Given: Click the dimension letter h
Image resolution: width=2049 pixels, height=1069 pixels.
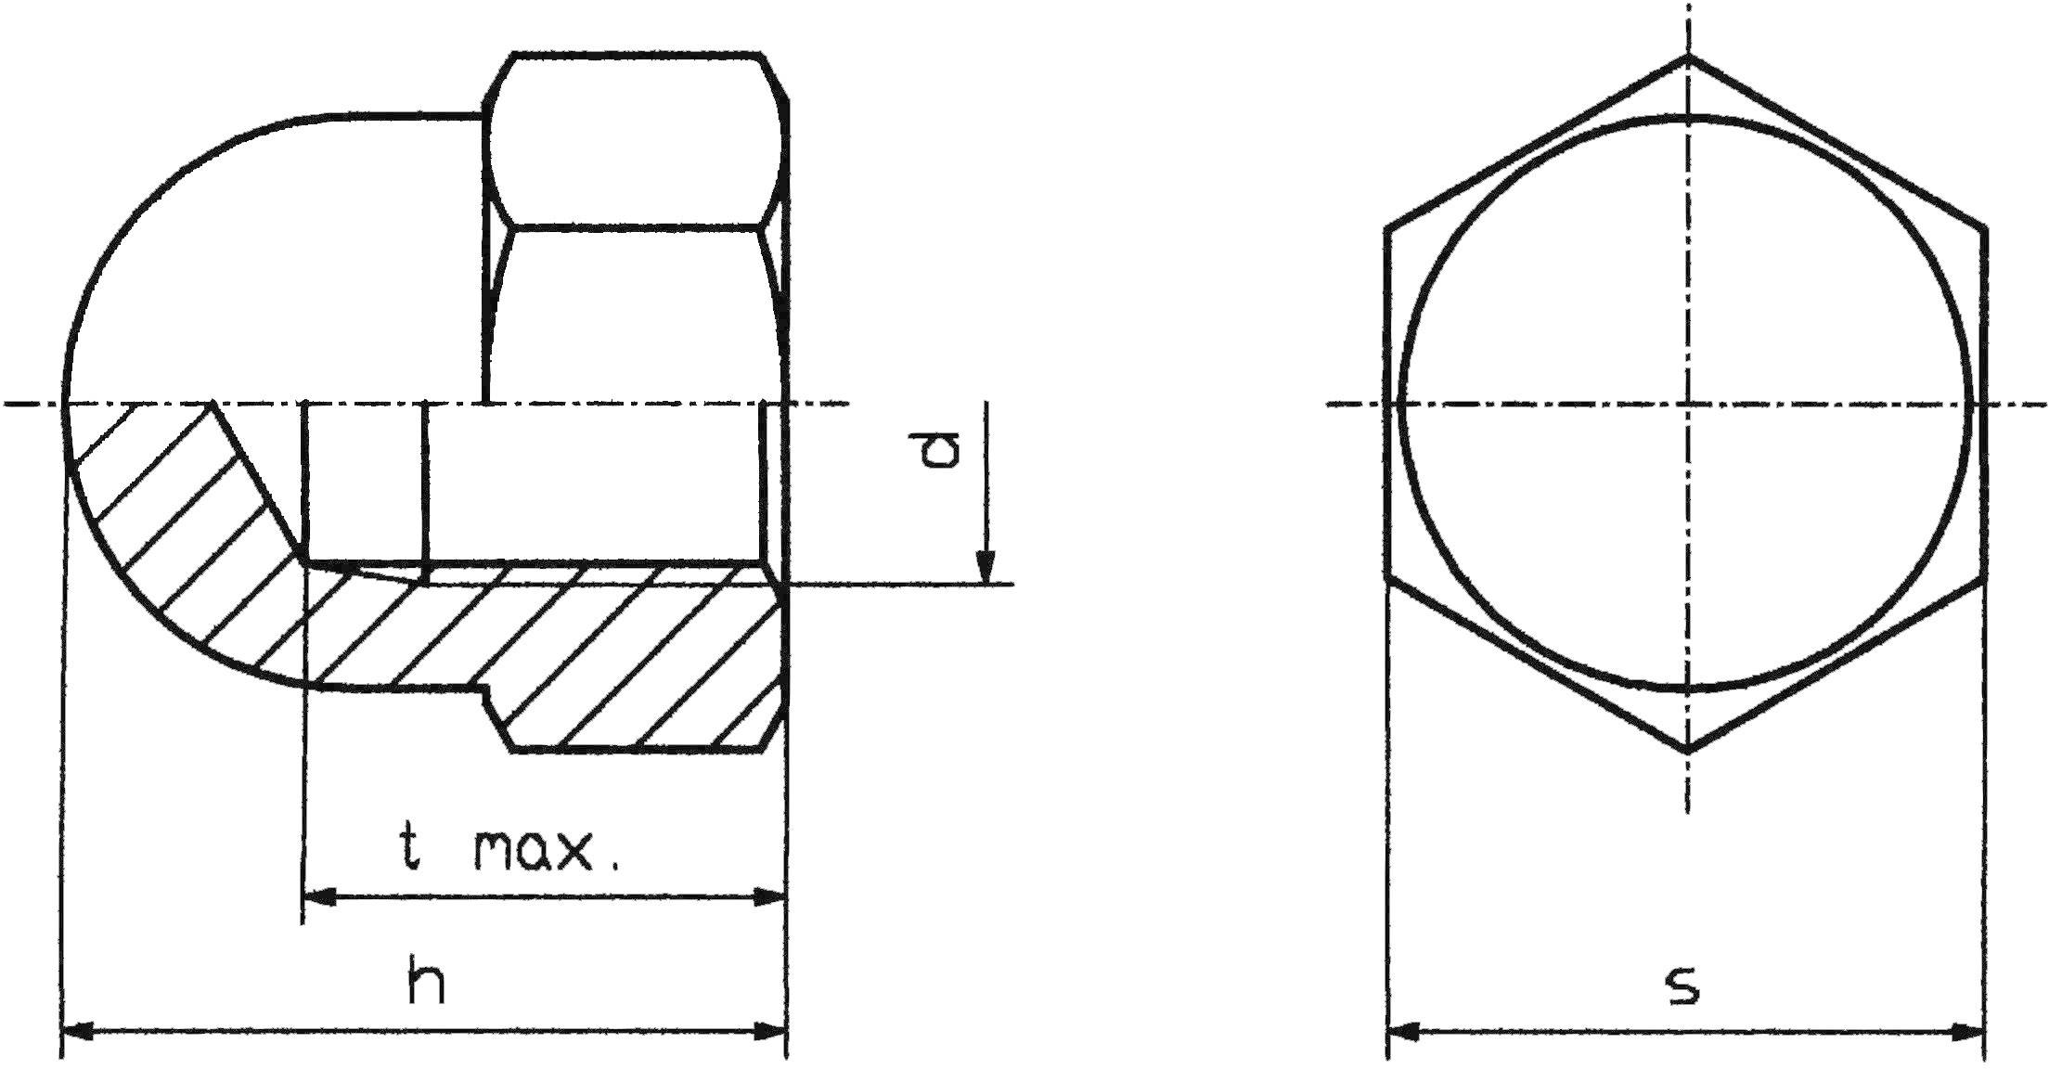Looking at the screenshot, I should pos(427,984).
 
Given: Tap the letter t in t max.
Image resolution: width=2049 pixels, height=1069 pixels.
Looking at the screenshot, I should pos(409,848).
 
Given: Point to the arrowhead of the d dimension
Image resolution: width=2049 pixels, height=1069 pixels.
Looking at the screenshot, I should pos(987,567).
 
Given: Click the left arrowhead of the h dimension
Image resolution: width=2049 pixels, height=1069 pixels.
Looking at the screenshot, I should pos(79,1031).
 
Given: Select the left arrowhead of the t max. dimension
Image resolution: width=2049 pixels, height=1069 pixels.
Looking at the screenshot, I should pos(320,897).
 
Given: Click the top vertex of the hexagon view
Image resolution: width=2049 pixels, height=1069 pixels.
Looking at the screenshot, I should pos(1687,58).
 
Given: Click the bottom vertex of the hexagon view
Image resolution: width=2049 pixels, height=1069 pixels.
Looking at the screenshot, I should pos(1687,750).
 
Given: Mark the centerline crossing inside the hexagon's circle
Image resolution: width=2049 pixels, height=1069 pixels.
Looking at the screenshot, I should pos(1687,404).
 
